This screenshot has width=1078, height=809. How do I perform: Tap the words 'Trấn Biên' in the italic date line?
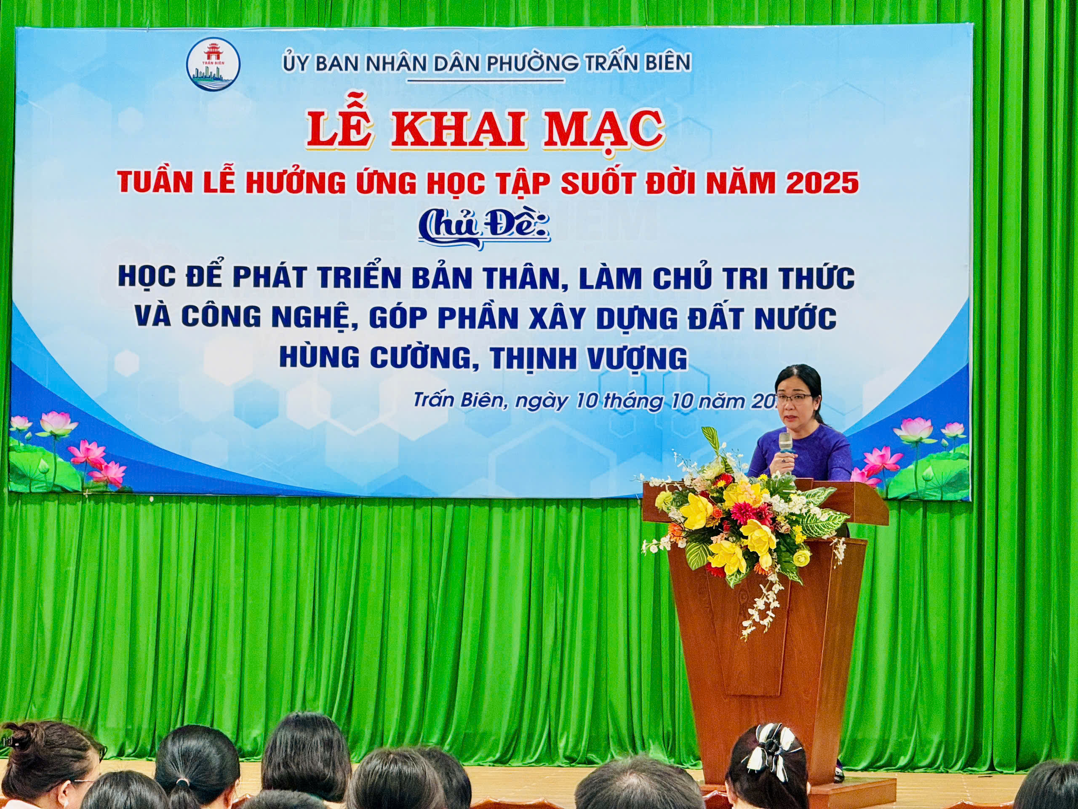(457, 401)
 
